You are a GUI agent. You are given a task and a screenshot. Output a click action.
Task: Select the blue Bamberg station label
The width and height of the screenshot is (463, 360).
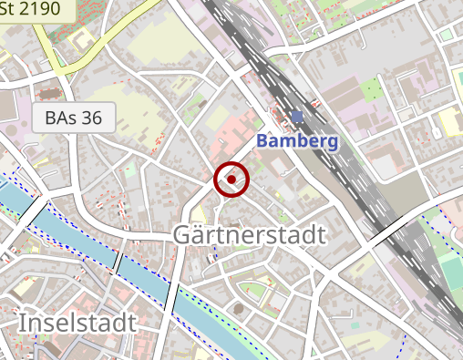(297, 141)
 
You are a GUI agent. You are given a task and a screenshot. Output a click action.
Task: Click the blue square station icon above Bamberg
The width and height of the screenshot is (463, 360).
(297, 116)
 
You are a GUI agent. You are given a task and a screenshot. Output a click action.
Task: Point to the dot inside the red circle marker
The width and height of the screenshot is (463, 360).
(231, 180)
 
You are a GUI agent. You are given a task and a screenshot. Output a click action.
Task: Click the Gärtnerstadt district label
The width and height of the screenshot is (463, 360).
(249, 235)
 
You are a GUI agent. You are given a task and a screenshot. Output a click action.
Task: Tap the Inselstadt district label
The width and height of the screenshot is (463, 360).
(77, 322)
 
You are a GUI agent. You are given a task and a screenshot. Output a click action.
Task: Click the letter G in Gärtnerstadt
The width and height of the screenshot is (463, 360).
(183, 235)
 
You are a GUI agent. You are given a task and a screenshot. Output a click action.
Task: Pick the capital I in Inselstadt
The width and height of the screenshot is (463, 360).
(22, 322)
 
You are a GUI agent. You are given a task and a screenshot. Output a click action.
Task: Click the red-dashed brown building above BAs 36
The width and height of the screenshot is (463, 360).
(48, 92)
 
